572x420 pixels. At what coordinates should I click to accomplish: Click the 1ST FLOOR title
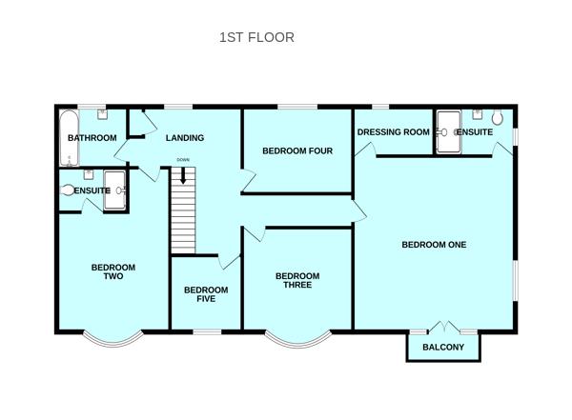(x=256, y=37)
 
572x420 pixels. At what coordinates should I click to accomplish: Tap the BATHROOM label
(x=92, y=138)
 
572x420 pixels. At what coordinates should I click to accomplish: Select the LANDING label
(x=185, y=138)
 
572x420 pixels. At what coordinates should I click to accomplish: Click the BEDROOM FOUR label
(x=297, y=150)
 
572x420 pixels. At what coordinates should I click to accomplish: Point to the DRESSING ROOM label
(x=393, y=132)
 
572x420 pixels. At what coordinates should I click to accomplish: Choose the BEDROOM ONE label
(x=434, y=245)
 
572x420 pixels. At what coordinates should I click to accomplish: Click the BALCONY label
(x=443, y=347)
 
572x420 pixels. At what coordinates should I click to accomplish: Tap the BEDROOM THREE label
(x=297, y=280)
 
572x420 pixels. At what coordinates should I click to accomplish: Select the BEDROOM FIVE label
(x=206, y=294)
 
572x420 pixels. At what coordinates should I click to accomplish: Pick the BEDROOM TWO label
(x=113, y=271)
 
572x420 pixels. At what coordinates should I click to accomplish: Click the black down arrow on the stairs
(x=183, y=175)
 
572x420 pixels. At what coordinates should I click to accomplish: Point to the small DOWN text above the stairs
(x=183, y=160)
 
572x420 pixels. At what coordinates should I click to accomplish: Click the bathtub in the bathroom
(x=69, y=138)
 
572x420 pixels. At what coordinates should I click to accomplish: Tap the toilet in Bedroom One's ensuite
(x=498, y=117)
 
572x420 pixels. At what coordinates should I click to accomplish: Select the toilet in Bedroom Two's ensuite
(x=67, y=190)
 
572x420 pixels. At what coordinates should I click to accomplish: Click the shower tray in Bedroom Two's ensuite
(x=114, y=190)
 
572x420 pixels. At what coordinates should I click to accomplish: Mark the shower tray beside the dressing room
(x=449, y=132)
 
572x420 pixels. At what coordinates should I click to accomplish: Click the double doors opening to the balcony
(x=443, y=327)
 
